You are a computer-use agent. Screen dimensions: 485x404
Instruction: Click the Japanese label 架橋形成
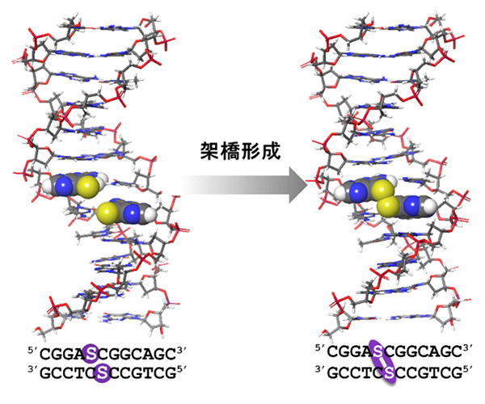[x=240, y=151]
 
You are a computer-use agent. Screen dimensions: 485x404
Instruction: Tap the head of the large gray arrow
[x=298, y=185]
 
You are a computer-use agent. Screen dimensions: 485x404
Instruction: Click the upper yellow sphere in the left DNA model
[x=88, y=187]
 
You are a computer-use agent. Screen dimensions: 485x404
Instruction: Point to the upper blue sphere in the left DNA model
[x=65, y=186]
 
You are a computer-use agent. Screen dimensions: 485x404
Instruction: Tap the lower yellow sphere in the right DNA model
[x=388, y=206]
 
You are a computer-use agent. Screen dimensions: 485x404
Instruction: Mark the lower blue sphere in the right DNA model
[x=414, y=204]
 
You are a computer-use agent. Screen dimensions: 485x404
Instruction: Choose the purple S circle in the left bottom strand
[x=103, y=373]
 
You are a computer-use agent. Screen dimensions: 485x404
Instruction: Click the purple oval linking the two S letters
[x=383, y=361]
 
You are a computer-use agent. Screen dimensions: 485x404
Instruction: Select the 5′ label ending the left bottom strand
[x=181, y=371]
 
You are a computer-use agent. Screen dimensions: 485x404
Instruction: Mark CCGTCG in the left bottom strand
[x=144, y=374]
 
